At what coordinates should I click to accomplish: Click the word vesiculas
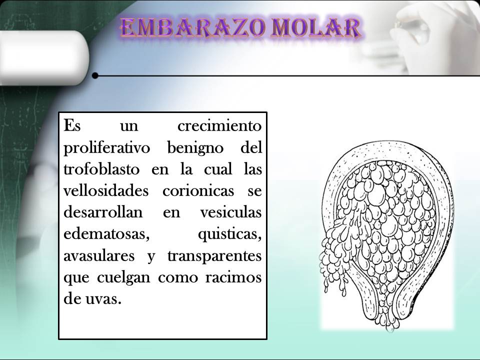pos(230,212)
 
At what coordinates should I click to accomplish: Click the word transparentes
pos(214,256)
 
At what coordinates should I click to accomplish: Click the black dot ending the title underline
pos(95,76)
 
